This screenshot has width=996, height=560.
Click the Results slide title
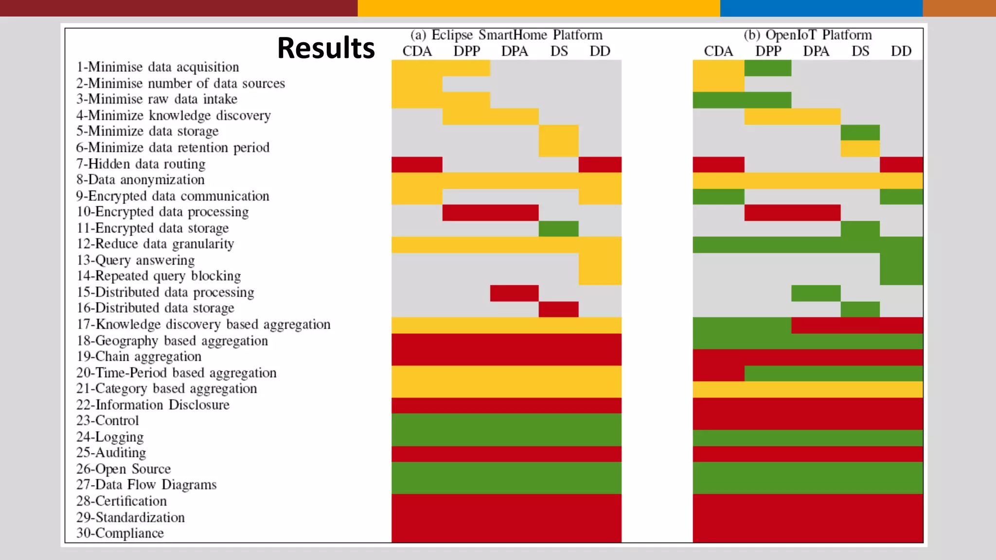click(x=326, y=48)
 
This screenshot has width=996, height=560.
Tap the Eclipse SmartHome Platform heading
click(x=506, y=35)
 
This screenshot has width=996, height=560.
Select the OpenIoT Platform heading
click(x=807, y=35)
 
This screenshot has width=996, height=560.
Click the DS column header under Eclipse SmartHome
click(x=559, y=51)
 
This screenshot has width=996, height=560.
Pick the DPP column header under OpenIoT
click(x=768, y=51)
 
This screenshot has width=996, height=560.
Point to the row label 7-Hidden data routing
click(x=141, y=164)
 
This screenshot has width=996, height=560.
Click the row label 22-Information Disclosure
click(x=153, y=405)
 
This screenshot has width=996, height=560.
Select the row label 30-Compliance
click(x=120, y=533)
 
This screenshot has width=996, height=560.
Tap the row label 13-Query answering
click(x=136, y=260)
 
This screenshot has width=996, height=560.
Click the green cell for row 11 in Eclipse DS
click(x=558, y=228)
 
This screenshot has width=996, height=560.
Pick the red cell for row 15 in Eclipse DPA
click(x=514, y=293)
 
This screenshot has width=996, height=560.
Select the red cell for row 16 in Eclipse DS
click(x=558, y=309)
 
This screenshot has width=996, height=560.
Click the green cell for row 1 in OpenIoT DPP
click(x=767, y=68)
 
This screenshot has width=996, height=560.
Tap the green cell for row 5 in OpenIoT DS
click(x=860, y=132)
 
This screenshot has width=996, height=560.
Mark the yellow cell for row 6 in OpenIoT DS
click(x=860, y=148)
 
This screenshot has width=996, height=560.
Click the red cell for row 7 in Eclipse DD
click(x=600, y=164)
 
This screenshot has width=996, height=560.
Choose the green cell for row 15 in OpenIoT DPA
click(x=816, y=293)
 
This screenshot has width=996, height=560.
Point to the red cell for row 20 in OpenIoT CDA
click(x=718, y=373)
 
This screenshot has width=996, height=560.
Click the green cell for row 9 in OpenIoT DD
click(x=901, y=196)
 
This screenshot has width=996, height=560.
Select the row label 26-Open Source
click(x=124, y=469)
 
